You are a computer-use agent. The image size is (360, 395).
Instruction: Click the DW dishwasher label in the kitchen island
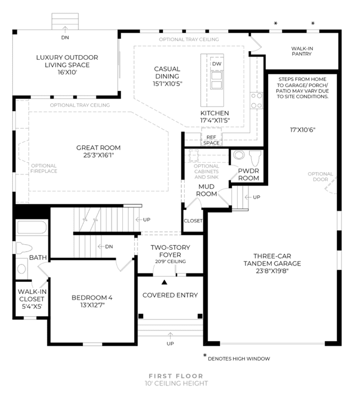(216, 64)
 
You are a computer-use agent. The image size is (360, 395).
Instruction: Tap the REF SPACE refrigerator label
(211, 140)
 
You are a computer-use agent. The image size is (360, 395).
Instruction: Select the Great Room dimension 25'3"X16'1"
(99, 155)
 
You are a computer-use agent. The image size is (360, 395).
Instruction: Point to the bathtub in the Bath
(32, 227)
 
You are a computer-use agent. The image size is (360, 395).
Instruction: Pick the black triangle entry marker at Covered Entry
(165, 282)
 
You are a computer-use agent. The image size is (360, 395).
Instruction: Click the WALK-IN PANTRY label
(302, 51)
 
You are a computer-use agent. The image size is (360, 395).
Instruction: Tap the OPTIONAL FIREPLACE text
(44, 168)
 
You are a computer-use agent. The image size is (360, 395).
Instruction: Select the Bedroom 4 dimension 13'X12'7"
(92, 305)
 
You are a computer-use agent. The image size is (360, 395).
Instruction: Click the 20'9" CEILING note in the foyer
(171, 262)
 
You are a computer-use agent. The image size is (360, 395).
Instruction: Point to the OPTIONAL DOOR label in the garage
(321, 177)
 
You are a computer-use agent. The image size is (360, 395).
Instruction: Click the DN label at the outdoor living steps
(65, 38)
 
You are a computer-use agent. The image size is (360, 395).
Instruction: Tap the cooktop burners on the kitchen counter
(256, 101)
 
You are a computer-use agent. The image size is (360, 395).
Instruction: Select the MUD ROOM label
(206, 190)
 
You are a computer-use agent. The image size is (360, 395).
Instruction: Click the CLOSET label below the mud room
(193, 221)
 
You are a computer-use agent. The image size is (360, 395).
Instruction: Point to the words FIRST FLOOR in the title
(176, 376)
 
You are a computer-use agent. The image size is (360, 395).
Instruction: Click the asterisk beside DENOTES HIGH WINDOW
(205, 355)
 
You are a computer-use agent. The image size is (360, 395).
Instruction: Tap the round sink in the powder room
(239, 155)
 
